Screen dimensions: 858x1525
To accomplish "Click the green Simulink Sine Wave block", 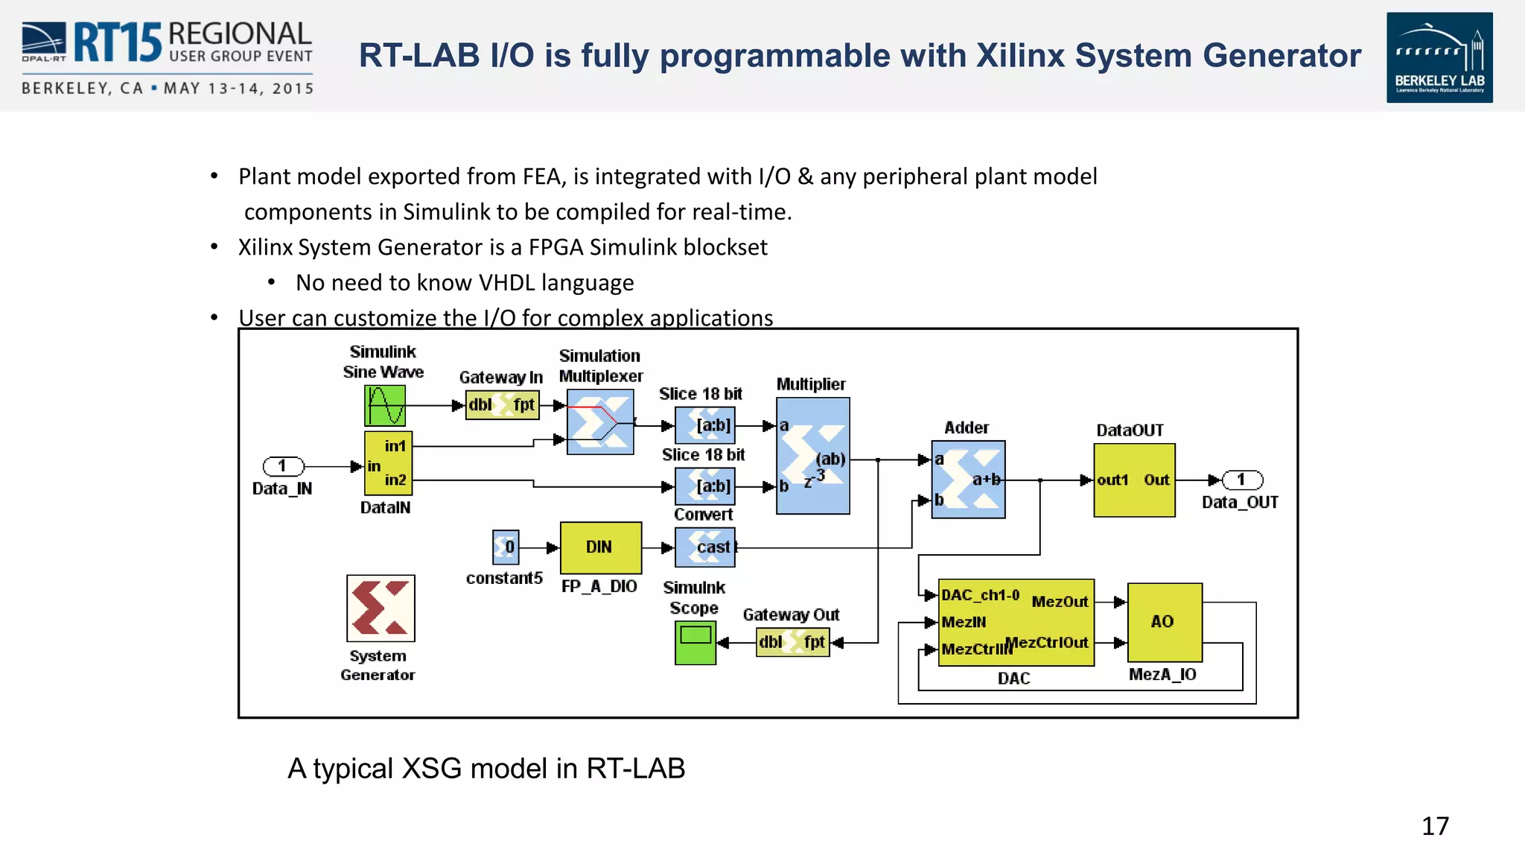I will (x=385, y=405).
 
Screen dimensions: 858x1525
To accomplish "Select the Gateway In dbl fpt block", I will (x=502, y=405).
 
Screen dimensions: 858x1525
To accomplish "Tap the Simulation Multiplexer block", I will (x=600, y=422).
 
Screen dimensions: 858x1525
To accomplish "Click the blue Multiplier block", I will (x=812, y=455).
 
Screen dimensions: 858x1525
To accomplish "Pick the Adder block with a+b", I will (x=968, y=480).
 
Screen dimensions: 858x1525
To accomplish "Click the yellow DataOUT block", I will (x=1134, y=480).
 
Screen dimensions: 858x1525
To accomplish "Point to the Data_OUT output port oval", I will (x=1242, y=480).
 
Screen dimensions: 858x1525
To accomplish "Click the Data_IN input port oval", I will (x=283, y=466).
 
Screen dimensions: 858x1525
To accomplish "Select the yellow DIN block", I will (x=600, y=547).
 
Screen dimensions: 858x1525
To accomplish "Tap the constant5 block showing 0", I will (x=506, y=547).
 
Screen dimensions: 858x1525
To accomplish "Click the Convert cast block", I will (x=705, y=547).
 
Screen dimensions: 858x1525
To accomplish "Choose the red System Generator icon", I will (x=381, y=608).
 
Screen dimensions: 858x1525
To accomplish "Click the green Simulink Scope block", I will (x=695, y=642).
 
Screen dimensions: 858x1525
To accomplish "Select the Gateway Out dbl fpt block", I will (x=792, y=642).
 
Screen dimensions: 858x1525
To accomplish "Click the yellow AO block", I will (x=1165, y=622).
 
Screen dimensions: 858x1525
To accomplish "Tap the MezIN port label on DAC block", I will (x=964, y=622).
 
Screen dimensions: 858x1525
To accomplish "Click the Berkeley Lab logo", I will (x=1439, y=57).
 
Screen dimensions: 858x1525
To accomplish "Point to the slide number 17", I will (x=1435, y=826).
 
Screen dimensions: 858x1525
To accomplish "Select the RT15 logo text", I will (x=118, y=42).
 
